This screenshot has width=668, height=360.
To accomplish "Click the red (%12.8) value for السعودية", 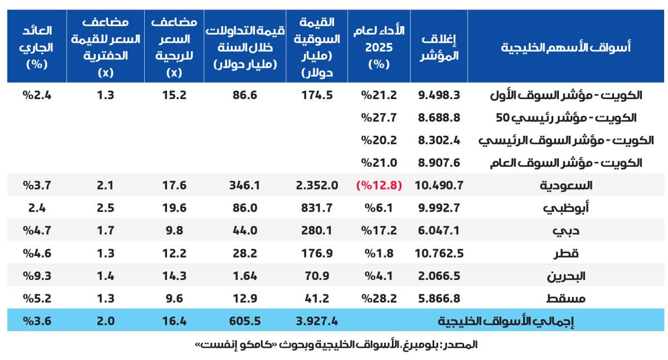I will (x=379, y=185).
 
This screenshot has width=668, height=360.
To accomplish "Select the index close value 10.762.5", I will (x=439, y=253).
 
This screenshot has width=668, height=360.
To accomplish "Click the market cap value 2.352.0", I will (x=316, y=185).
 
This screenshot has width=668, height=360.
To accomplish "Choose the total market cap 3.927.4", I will (x=316, y=321).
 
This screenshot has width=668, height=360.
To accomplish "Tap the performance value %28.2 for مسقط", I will (x=379, y=298).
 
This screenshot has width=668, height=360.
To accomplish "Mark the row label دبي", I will (x=565, y=230).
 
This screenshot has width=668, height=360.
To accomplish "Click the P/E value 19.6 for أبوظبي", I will (x=175, y=208).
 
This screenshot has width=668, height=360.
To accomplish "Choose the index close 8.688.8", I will (x=439, y=118).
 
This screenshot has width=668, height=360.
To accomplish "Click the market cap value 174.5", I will (x=316, y=95).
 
